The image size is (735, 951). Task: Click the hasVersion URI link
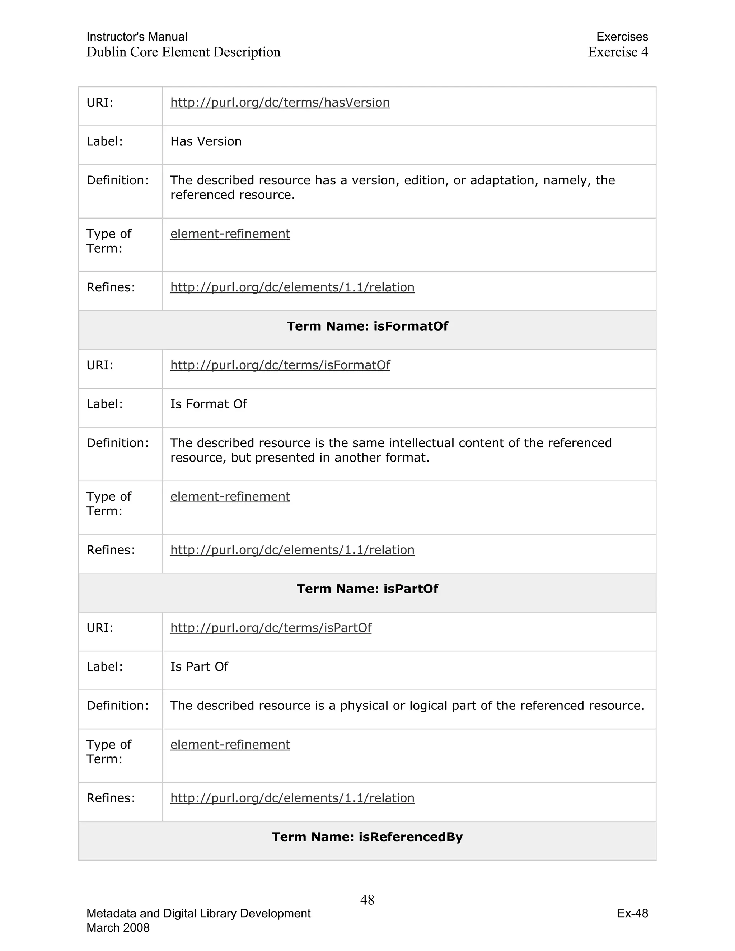pyautogui.click(x=280, y=102)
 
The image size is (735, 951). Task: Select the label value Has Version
pyautogui.click(x=206, y=141)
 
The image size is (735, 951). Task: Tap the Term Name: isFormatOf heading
pyautogui.click(x=367, y=326)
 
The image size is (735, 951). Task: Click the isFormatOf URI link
pyautogui.click(x=280, y=365)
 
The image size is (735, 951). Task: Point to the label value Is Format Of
pyautogui.click(x=208, y=404)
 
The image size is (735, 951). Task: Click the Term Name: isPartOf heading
pyautogui.click(x=367, y=589)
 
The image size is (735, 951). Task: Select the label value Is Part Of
pyautogui.click(x=199, y=667)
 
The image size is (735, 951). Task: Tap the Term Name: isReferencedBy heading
pyautogui.click(x=367, y=837)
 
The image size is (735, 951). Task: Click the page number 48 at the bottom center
pyautogui.click(x=367, y=900)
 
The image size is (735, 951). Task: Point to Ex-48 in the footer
pyautogui.click(x=632, y=913)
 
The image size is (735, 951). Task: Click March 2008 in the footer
pyautogui.click(x=118, y=927)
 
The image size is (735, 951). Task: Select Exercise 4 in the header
pyautogui.click(x=618, y=52)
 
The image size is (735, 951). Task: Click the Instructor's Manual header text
pyautogui.click(x=137, y=37)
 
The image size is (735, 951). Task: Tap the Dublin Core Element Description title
pyautogui.click(x=183, y=52)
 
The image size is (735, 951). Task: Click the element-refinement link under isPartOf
pyautogui.click(x=230, y=745)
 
